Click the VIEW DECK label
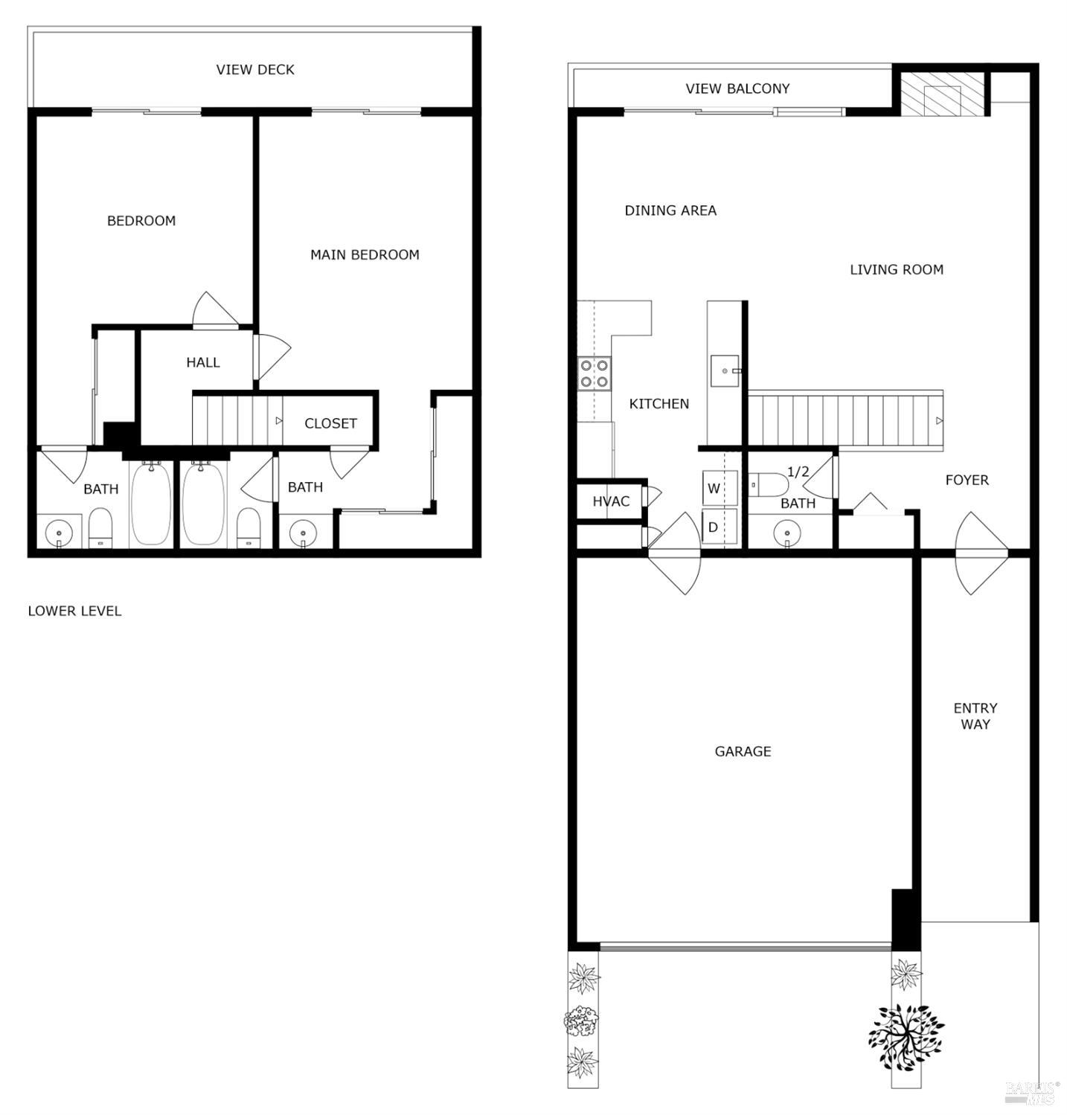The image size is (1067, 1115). tap(255, 70)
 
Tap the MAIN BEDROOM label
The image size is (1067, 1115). tap(365, 255)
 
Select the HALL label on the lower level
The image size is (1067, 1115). tap(202, 363)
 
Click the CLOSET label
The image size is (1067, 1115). tap(330, 423)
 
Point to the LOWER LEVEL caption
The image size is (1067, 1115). tap(74, 611)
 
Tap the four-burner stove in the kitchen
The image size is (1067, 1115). tap(595, 373)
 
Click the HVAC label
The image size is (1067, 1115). tap(611, 502)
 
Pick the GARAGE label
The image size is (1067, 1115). tap(743, 752)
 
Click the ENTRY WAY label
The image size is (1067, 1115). tap(975, 716)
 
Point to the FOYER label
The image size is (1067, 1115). tap(967, 481)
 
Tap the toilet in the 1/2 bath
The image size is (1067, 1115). tap(769, 484)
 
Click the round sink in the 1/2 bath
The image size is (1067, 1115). tap(787, 533)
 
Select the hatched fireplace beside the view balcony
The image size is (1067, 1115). tap(941, 95)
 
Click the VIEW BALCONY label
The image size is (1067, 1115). tap(737, 89)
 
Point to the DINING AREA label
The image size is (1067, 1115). tap(670, 211)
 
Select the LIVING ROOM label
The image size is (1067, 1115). tap(896, 270)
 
